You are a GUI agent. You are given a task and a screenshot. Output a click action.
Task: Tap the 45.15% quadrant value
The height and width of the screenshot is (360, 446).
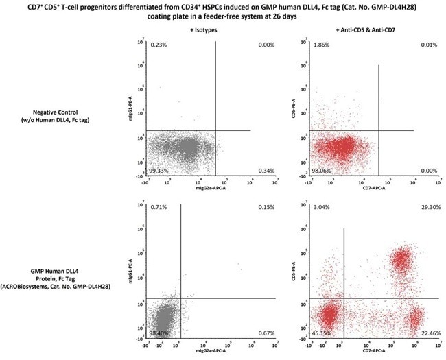[322, 333]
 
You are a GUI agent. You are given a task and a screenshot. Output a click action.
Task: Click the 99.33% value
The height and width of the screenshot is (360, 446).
[158, 170]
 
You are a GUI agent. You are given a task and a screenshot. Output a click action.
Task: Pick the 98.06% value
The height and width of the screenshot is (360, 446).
[321, 170]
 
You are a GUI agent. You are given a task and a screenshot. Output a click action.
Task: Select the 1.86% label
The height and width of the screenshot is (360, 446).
[320, 44]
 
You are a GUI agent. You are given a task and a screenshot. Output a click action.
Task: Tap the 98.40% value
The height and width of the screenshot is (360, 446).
[159, 333]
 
